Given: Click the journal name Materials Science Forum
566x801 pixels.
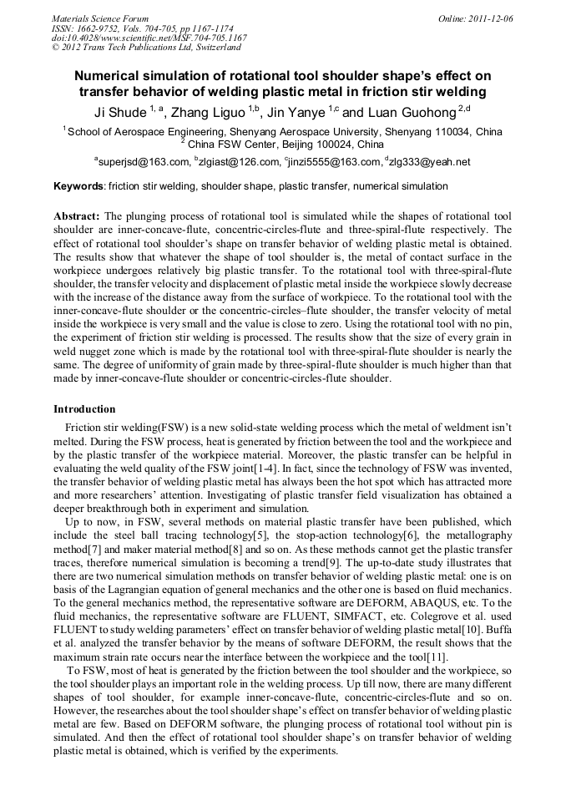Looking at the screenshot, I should [x=100, y=18].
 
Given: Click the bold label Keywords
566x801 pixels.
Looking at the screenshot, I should [x=79, y=186].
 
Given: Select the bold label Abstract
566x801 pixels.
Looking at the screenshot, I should [x=77, y=215].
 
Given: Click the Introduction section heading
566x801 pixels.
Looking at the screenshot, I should [x=84, y=409].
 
